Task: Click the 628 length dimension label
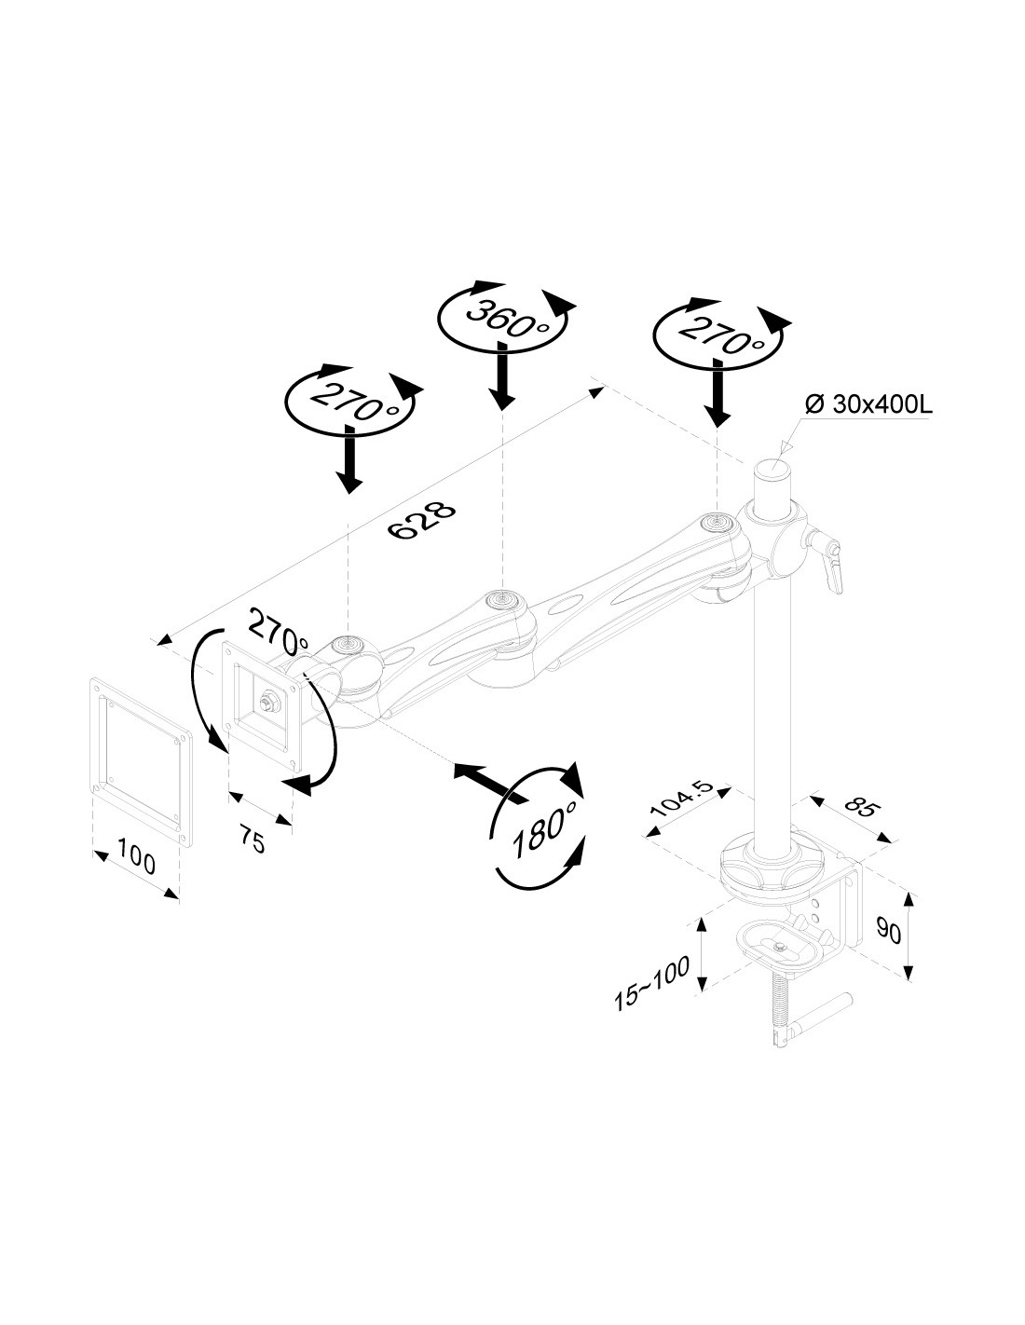click(x=422, y=521)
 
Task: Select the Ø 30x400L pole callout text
click(x=868, y=405)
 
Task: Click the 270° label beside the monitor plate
click(x=278, y=634)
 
